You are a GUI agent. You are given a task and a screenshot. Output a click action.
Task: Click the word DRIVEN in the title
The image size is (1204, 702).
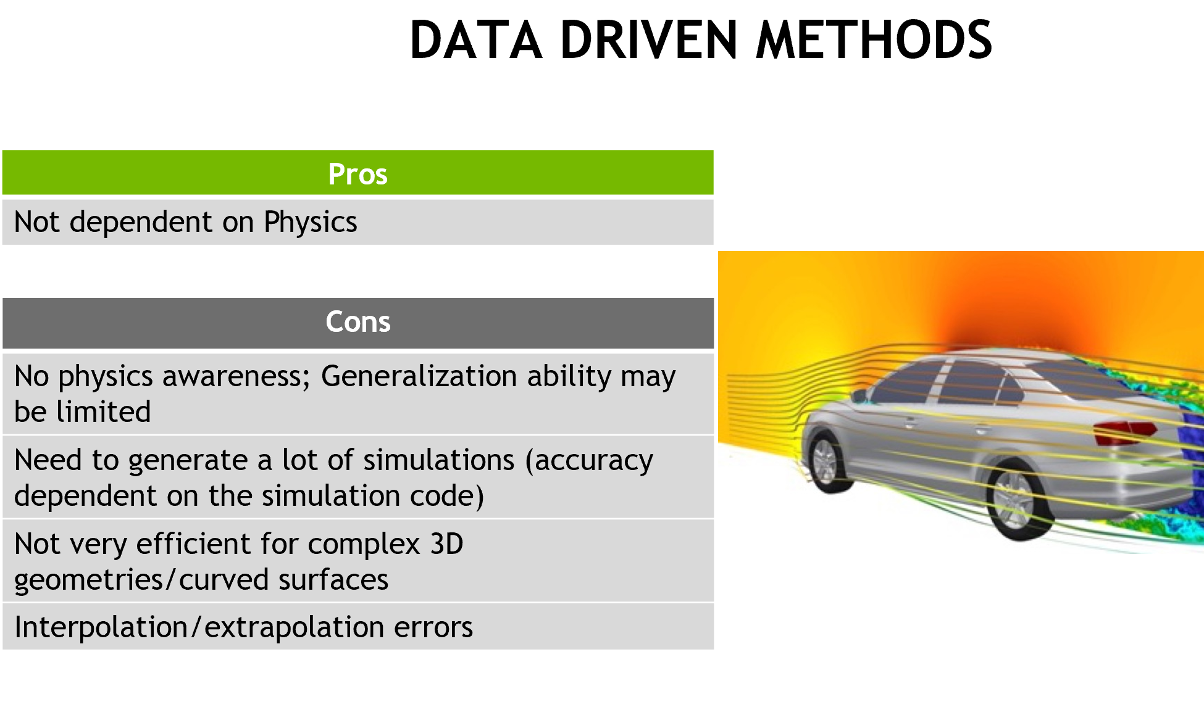click(648, 40)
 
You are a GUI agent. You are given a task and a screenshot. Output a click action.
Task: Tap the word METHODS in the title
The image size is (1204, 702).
click(874, 40)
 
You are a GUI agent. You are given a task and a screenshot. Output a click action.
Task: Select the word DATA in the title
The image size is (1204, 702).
click(476, 40)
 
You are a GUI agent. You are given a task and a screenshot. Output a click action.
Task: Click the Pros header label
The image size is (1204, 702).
click(358, 174)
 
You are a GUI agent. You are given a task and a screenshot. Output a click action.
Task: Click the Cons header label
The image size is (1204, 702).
click(358, 321)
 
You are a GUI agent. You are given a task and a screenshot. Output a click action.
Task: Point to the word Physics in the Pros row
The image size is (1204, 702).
click(310, 222)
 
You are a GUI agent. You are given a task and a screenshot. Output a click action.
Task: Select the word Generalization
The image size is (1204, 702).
click(466, 376)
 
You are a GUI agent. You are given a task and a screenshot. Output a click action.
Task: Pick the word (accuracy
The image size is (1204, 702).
click(589, 461)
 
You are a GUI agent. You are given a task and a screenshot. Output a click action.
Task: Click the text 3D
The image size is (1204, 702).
click(446, 544)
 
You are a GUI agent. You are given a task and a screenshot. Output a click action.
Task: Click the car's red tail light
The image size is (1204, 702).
click(1123, 432)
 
